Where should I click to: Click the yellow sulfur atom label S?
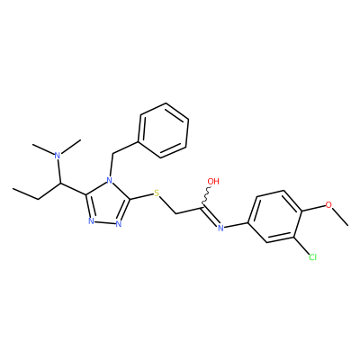157,193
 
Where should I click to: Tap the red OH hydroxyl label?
213,181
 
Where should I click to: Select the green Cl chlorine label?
312,257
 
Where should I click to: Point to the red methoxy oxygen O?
329,205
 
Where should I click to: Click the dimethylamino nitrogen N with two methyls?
58,156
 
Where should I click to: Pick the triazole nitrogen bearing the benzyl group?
110,181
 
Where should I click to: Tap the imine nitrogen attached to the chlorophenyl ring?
220,228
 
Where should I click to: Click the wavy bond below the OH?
207,196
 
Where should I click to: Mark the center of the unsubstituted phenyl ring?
164,130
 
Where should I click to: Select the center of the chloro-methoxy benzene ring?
274,216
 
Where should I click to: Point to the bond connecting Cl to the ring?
301,246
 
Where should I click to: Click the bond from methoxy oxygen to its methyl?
340,216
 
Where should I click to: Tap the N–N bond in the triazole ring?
104,222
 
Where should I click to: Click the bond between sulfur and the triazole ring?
141,196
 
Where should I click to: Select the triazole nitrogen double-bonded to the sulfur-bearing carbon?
119,224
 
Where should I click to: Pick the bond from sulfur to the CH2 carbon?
166,205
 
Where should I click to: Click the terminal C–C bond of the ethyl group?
26,194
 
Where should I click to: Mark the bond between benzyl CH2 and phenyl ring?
125,148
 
